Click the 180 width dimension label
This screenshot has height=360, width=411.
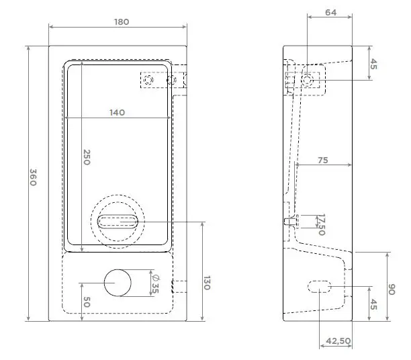click(121, 21)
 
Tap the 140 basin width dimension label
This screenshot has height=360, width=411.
click(117, 113)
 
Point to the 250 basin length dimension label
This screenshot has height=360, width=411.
click(87, 157)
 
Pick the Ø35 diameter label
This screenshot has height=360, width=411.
click(155, 284)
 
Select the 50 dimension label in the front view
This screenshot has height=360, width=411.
click(87, 302)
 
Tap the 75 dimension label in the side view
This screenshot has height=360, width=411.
click(323, 160)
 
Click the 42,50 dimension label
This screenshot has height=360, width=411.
click(338, 341)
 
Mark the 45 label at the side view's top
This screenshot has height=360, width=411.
click(375, 64)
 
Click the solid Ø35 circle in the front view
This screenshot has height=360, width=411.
click(118, 283)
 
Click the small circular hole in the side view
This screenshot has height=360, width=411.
click(308, 80)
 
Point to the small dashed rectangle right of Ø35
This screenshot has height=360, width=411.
click(177, 287)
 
